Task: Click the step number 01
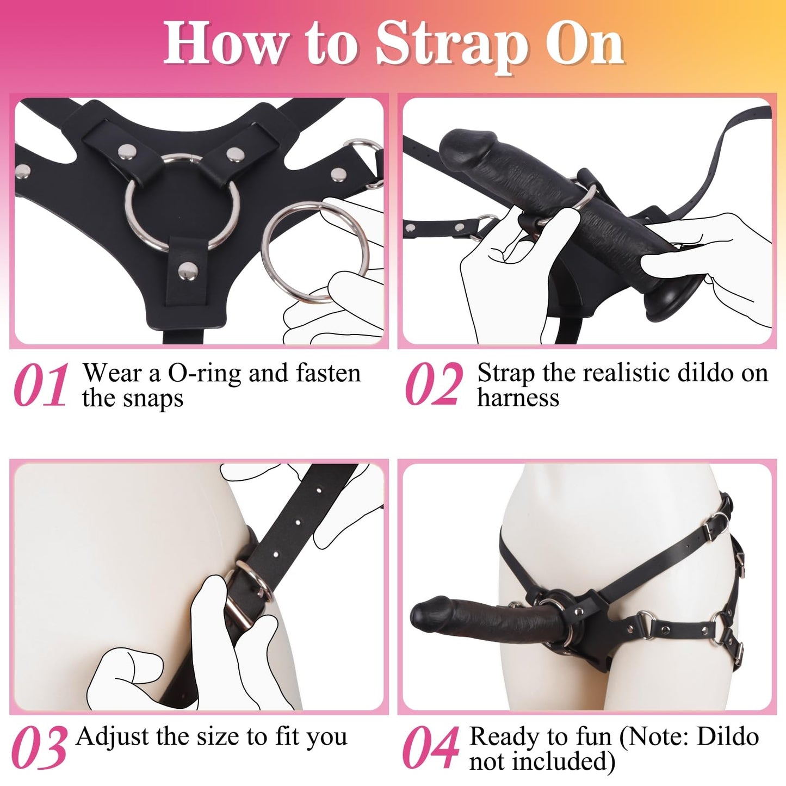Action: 41,386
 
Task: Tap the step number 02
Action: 434,386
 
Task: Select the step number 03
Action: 39,748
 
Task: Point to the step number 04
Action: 430,748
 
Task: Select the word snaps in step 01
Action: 154,399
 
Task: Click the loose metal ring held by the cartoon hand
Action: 314,251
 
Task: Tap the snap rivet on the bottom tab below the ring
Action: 188,268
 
